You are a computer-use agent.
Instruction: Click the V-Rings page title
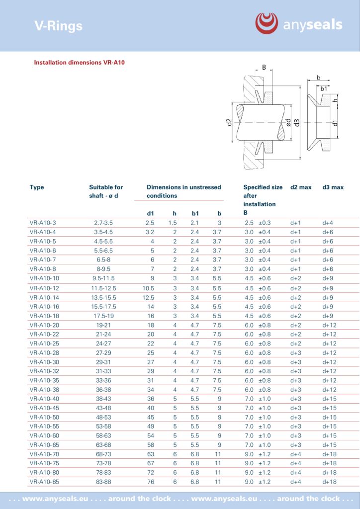(x=58, y=26)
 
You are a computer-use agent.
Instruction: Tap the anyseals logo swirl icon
(x=267, y=23)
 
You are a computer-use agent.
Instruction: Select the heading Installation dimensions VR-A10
(x=79, y=63)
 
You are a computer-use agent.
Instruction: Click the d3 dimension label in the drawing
(x=297, y=122)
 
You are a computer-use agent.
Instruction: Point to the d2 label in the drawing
(x=229, y=123)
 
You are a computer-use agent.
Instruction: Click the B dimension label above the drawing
(x=264, y=68)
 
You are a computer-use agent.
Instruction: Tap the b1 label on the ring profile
(x=324, y=88)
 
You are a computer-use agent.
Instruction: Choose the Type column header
(x=37, y=187)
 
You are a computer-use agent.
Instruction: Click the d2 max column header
(x=301, y=187)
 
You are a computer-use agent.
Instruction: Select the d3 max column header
(x=333, y=187)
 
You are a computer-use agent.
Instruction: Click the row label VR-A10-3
(x=43, y=223)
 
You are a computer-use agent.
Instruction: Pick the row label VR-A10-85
(x=44, y=482)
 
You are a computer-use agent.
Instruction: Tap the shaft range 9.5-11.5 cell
(x=103, y=278)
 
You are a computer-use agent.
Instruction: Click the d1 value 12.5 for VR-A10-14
(x=148, y=297)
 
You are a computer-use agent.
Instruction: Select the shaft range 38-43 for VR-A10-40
(x=103, y=399)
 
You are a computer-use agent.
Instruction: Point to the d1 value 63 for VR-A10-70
(x=150, y=454)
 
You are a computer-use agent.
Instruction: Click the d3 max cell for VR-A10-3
(x=328, y=223)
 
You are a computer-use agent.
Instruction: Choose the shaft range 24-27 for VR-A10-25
(x=103, y=343)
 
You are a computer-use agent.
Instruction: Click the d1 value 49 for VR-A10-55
(x=150, y=426)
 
